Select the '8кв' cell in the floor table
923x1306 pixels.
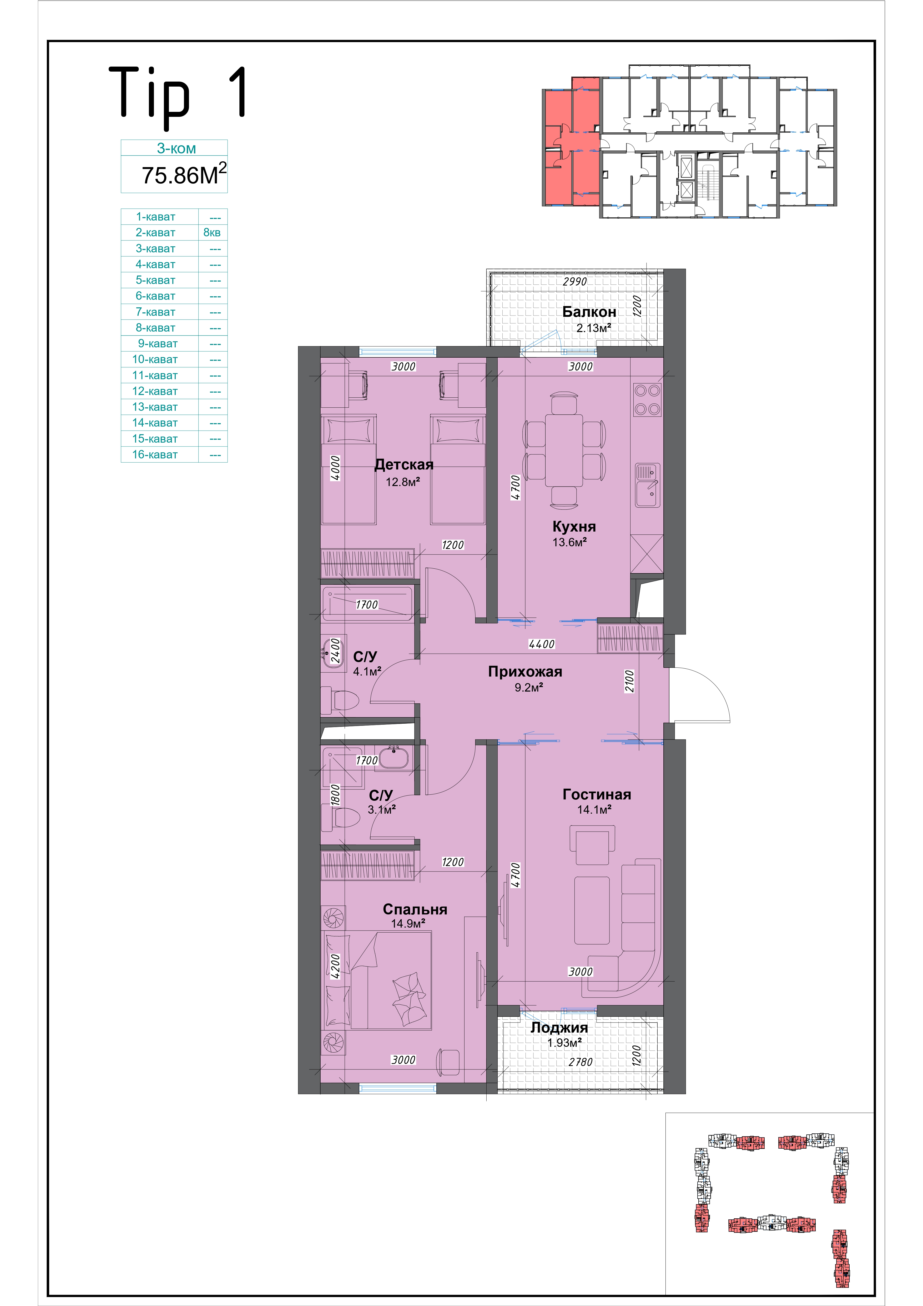coord(212,233)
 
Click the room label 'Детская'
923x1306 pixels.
coord(404,465)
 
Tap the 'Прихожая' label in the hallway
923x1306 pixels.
coord(525,672)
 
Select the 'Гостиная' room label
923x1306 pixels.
coord(597,795)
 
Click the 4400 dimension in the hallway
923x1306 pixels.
coord(541,644)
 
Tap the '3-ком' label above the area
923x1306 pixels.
coord(176,148)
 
